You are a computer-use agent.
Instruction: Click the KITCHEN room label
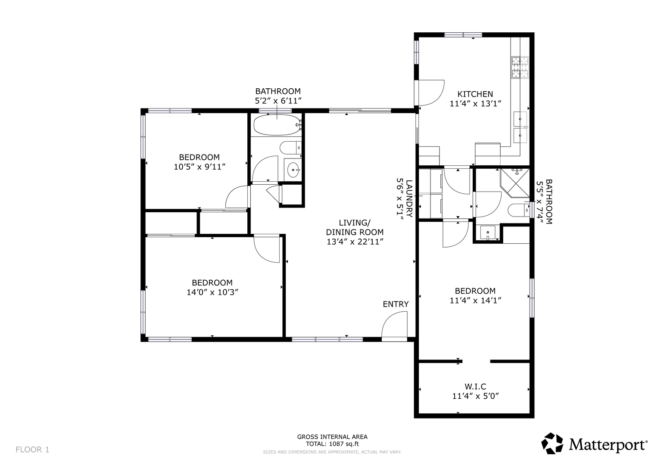click(475, 94)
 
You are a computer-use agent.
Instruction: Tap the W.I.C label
click(475, 387)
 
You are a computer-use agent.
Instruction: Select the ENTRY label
click(396, 304)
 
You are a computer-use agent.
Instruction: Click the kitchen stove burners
click(520, 68)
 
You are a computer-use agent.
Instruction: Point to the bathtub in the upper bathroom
click(277, 125)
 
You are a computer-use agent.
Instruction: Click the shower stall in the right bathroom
click(515, 183)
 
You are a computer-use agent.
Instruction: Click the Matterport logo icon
click(552, 443)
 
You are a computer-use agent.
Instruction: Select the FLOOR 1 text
click(32, 449)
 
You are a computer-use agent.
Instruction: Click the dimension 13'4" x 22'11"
click(355, 242)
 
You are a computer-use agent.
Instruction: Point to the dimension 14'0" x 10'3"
click(212, 292)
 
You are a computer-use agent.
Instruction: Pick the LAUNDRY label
click(409, 198)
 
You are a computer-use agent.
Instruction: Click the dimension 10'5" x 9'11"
click(200, 167)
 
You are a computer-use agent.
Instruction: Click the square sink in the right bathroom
click(488, 232)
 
